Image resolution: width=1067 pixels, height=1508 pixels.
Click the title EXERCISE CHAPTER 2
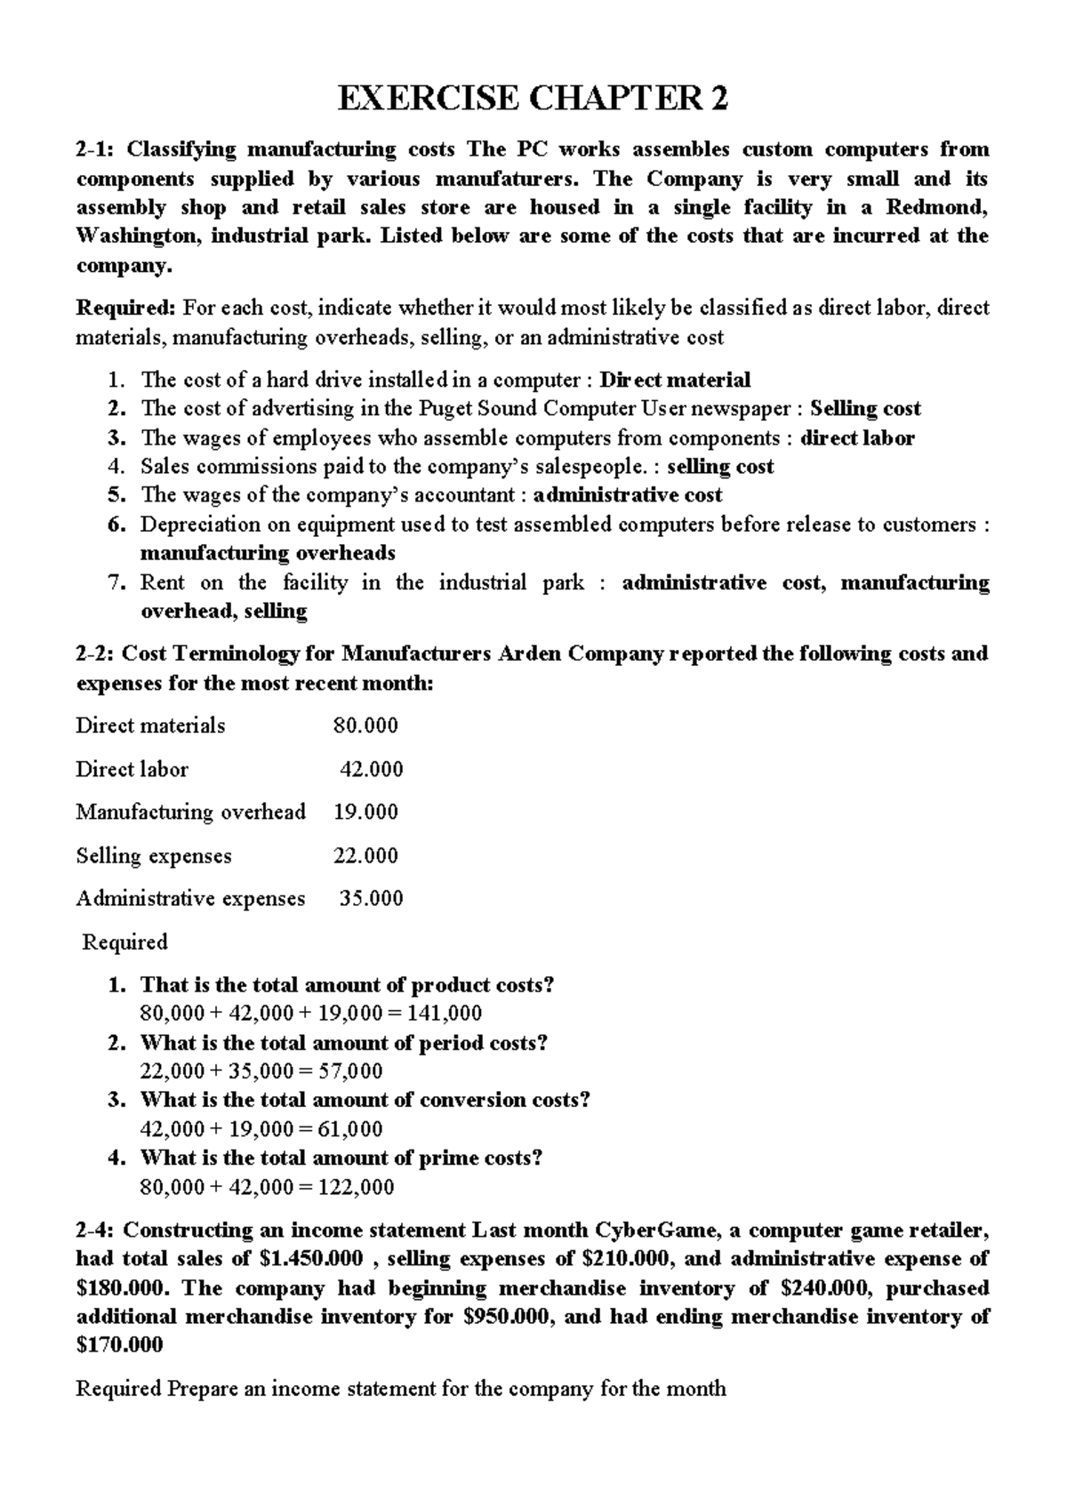tap(533, 99)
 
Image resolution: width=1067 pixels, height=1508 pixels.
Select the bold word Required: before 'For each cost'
tap(126, 309)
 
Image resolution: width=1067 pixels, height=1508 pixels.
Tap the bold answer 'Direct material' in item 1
tap(675, 381)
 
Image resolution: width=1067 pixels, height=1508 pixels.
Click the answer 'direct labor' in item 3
tap(857, 438)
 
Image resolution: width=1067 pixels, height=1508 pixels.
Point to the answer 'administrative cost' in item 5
tap(627, 495)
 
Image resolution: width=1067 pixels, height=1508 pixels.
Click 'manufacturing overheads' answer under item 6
tap(268, 553)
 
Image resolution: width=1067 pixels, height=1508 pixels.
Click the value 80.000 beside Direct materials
tap(365, 726)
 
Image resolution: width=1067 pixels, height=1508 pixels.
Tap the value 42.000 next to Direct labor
tap(372, 769)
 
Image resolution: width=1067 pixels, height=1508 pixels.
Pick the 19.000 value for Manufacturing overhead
tap(365, 812)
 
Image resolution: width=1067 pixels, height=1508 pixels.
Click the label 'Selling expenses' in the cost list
tap(153, 856)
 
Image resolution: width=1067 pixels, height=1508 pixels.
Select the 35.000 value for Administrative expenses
tap(372, 899)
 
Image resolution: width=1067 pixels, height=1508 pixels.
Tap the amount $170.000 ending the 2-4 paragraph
tap(120, 1345)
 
